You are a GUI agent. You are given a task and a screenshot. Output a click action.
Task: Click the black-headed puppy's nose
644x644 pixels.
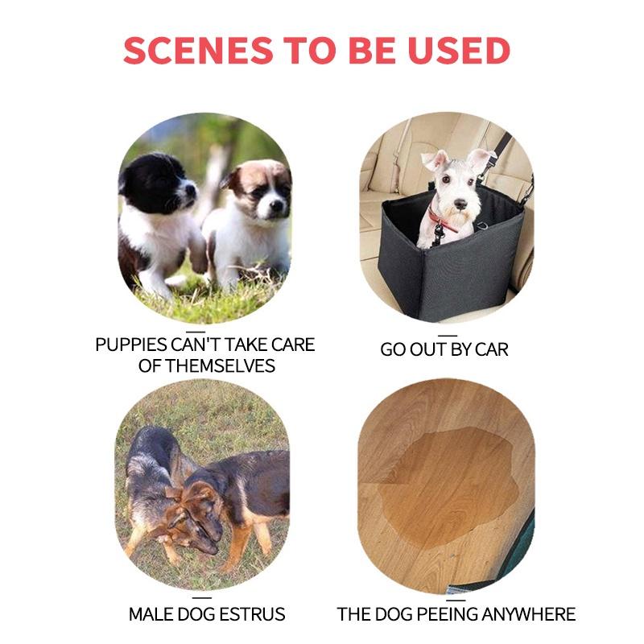191,190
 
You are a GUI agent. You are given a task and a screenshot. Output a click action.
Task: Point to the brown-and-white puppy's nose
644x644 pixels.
276,204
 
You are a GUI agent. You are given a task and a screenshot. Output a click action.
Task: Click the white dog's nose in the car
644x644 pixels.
460,204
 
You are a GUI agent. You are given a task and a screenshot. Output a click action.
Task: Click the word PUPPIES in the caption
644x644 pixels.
131,345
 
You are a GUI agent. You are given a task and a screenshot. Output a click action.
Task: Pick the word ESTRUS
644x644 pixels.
252,614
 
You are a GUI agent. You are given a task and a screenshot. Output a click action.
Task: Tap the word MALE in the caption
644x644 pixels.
148,614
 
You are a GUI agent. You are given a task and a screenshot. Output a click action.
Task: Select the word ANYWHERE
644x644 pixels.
529,614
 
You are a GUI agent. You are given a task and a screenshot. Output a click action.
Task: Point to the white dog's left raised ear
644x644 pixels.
434,160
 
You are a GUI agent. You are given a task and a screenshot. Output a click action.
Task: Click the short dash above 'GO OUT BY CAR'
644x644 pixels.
448,336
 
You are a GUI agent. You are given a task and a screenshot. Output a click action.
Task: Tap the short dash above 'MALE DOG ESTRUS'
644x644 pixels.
202,598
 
